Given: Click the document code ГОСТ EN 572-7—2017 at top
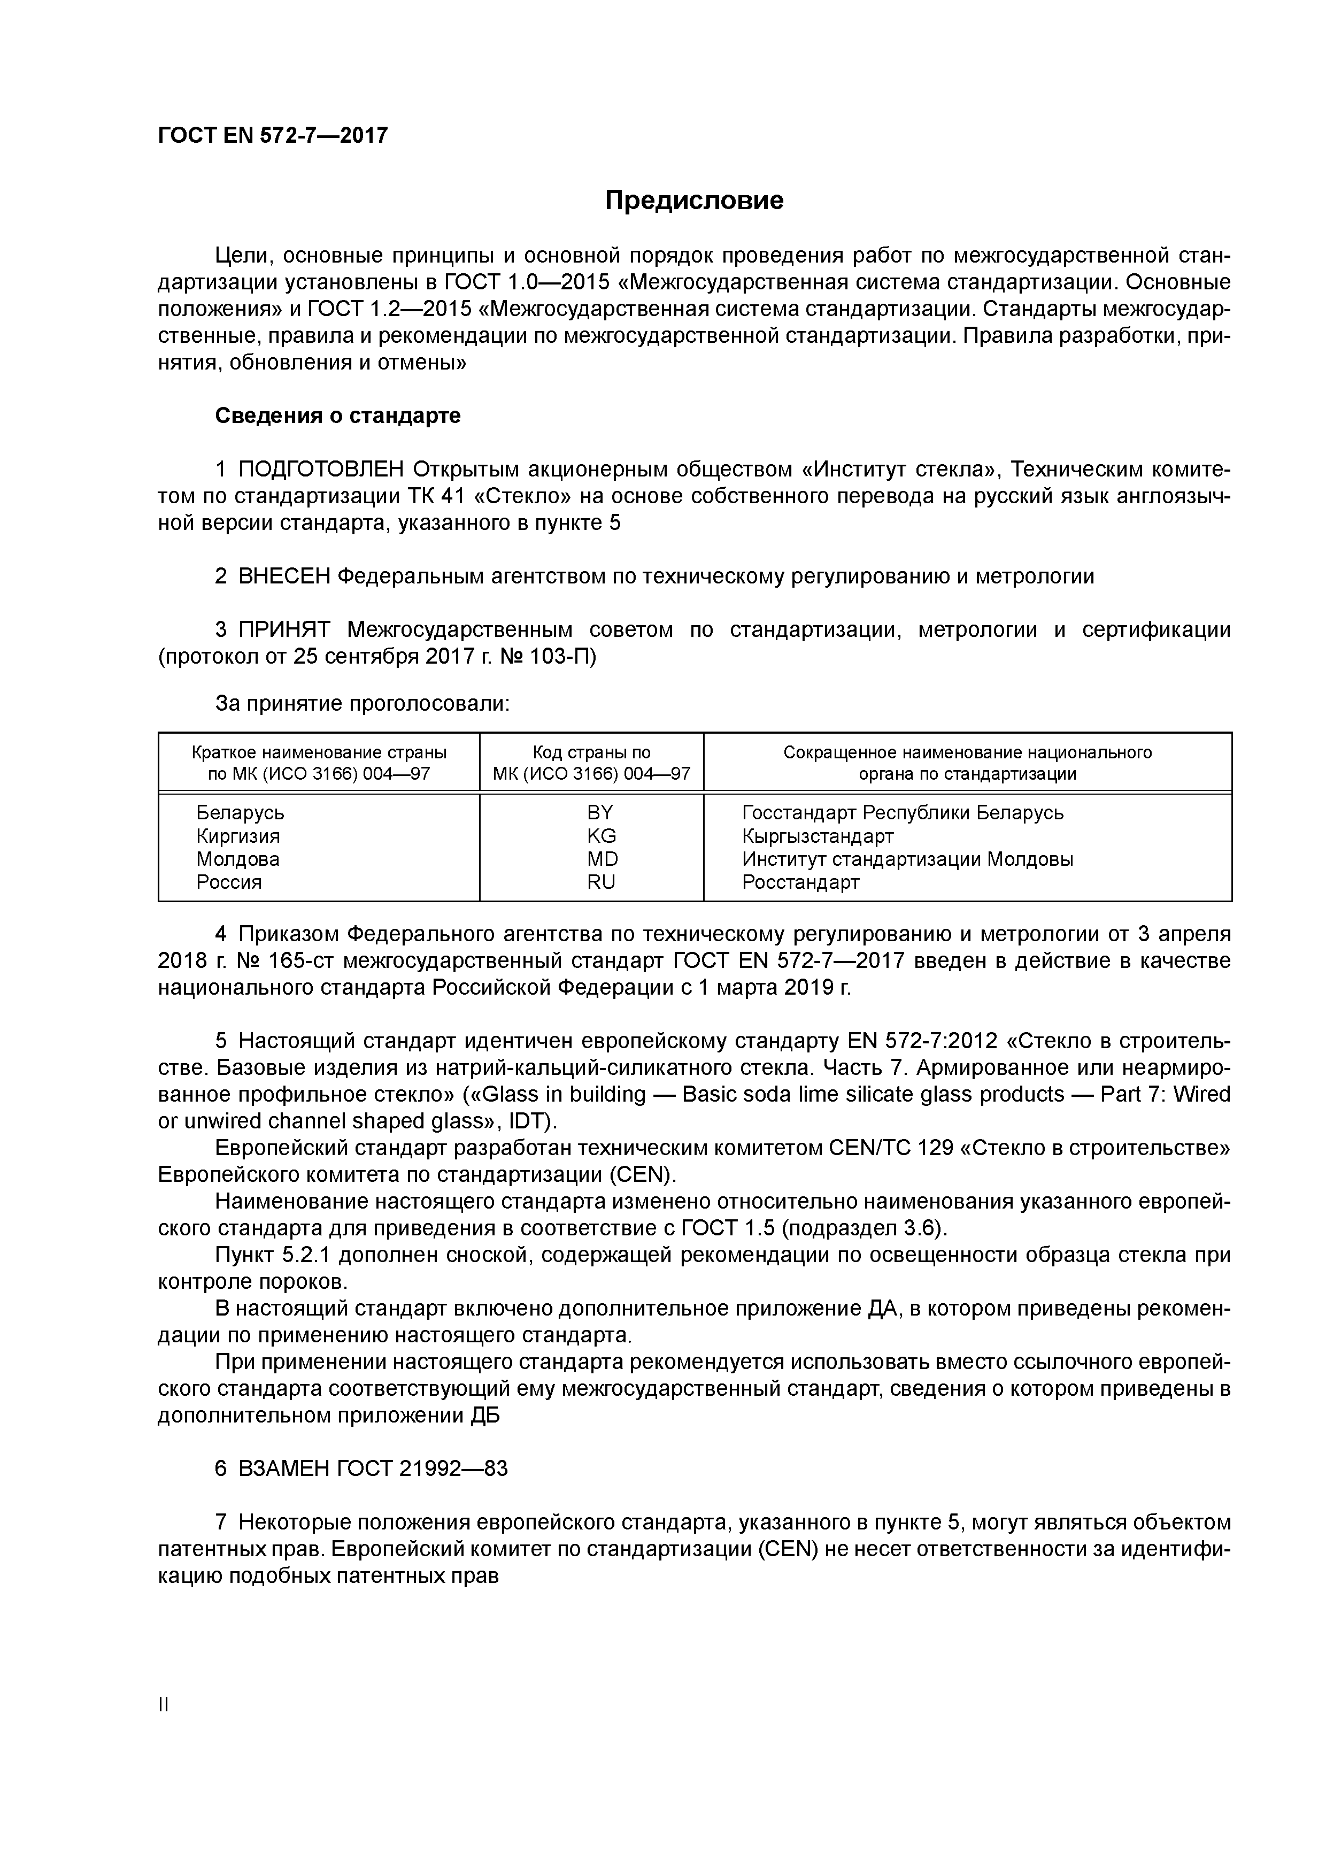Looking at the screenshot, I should click(x=272, y=136).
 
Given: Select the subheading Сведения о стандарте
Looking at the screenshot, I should click(x=337, y=416).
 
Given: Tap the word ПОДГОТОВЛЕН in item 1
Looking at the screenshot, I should click(x=321, y=470).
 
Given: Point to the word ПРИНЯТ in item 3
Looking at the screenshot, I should click(x=284, y=630).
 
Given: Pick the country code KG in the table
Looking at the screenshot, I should click(x=602, y=836).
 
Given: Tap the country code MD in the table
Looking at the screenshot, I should click(x=602, y=859).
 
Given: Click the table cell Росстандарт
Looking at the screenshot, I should click(x=800, y=882).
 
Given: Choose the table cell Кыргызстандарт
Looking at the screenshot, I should click(x=817, y=836).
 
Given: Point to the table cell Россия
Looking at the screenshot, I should click(x=229, y=882).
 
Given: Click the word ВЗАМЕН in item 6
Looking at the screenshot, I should click(x=284, y=1469).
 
